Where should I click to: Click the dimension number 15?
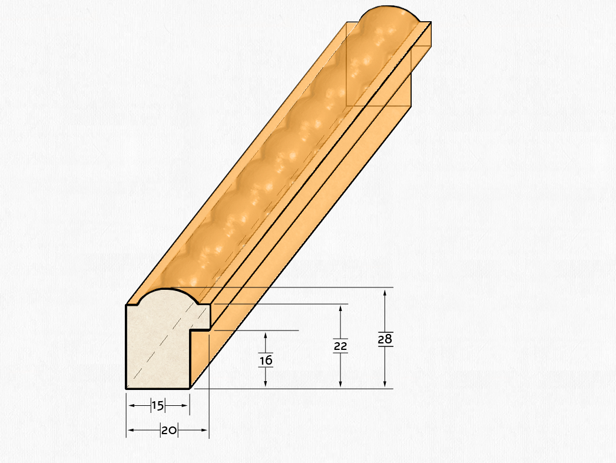[158, 406]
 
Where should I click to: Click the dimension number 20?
[169, 431]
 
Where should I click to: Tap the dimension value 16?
[266, 360]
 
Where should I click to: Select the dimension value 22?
[340, 346]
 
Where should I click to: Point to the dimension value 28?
[385, 339]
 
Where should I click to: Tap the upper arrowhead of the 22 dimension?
[340, 309]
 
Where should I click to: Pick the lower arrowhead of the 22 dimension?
[340, 383]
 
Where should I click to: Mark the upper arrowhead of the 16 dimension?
[266, 337]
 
